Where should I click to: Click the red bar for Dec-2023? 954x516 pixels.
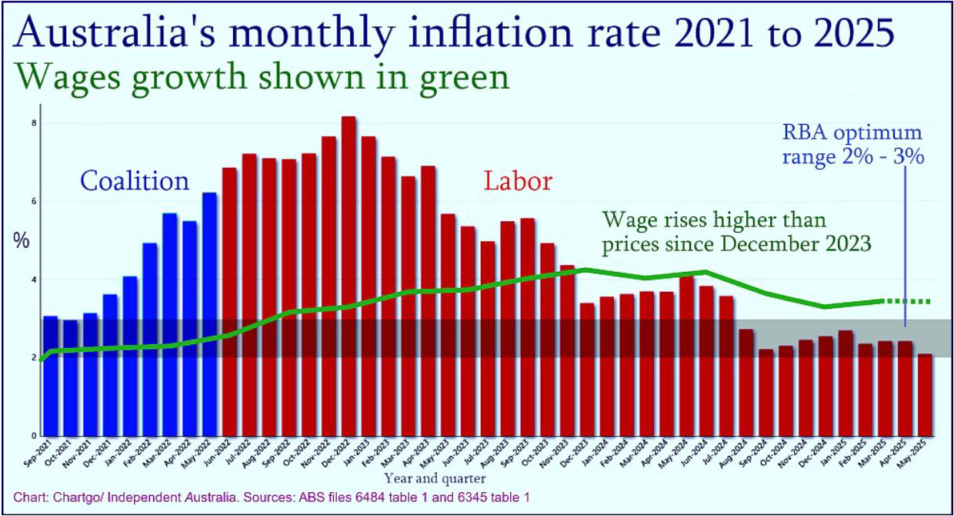[x=587, y=369]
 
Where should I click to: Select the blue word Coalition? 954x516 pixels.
[x=135, y=182]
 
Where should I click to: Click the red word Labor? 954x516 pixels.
[x=518, y=182]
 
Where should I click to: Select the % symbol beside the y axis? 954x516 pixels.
[x=21, y=240]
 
